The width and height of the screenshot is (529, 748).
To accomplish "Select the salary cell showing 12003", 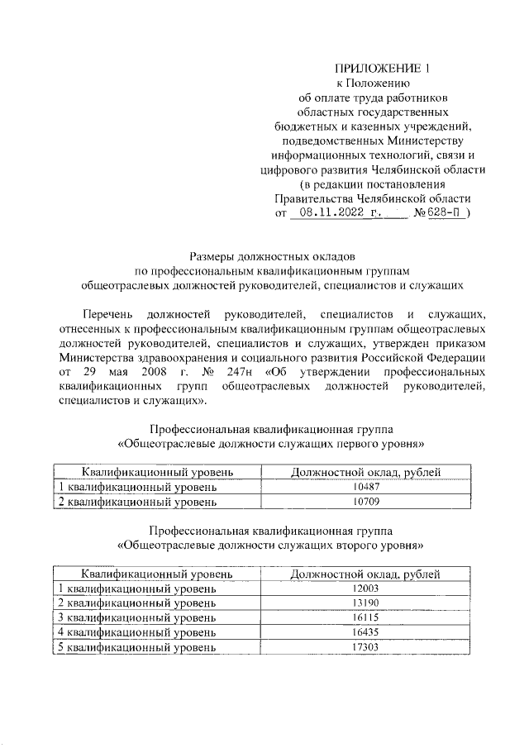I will [x=365, y=588].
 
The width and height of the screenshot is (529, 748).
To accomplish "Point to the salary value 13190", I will [x=365, y=603].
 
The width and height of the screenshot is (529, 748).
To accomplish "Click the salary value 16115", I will [x=365, y=618].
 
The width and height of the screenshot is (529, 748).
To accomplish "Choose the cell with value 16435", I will [x=365, y=633].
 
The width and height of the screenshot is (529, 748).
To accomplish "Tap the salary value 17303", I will [x=365, y=648].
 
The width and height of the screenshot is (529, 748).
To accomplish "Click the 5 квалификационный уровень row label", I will [x=136, y=648].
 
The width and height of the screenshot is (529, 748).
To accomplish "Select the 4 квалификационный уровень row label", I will [x=136, y=633].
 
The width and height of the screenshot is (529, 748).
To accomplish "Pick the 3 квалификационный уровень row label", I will [x=136, y=618].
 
